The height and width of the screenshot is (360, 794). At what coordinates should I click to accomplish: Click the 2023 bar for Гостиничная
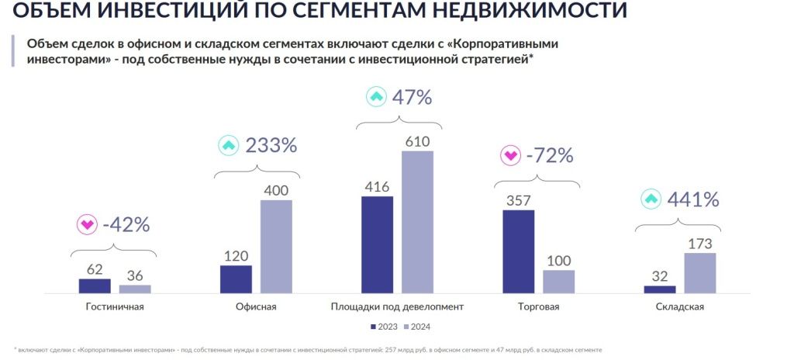pos(95,286)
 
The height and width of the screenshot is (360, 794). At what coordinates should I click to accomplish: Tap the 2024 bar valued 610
pos(417,222)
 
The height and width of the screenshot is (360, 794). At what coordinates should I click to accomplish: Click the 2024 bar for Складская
pos(700,273)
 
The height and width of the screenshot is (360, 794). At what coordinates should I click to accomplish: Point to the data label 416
pos(378,186)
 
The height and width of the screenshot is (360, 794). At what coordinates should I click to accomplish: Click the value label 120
pos(236,256)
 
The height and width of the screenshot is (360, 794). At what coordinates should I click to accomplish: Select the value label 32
pos(659,276)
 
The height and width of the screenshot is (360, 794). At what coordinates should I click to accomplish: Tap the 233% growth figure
pos(271,145)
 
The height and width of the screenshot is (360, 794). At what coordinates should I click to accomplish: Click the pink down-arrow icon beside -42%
pos(86,225)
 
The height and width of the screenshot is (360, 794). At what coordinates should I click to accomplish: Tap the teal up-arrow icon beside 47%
pos(375,98)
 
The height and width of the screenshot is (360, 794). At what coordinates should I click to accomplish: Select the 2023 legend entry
pos(385,326)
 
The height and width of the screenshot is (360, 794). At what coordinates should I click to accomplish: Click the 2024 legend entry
pos(417,326)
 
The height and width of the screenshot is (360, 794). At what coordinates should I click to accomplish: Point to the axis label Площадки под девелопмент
pos(397,306)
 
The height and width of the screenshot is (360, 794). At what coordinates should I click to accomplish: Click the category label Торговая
pos(538,306)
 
